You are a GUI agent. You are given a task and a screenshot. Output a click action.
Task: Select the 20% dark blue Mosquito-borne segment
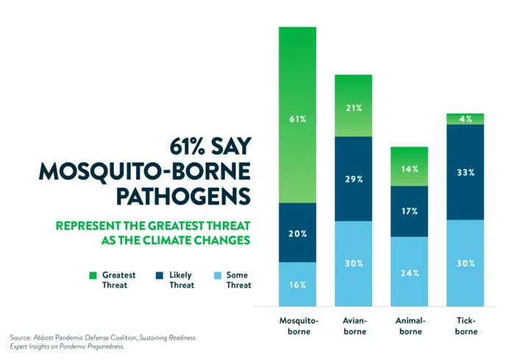pos(297,233)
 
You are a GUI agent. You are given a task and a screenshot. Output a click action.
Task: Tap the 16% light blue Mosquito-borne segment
pos(297,284)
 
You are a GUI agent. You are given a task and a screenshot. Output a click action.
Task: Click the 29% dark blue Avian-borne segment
pos(353,179)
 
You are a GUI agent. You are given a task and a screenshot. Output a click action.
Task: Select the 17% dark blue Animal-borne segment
pos(409,211)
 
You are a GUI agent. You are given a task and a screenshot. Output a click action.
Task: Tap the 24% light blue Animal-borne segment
pos(409,272)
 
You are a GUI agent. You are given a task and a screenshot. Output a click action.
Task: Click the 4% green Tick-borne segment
pos(465,119)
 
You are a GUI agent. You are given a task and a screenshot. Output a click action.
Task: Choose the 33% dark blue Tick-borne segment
pos(465,172)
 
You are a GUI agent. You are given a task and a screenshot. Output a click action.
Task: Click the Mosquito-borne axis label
pos(299,326)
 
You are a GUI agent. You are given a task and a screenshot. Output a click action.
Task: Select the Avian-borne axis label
pos(354,326)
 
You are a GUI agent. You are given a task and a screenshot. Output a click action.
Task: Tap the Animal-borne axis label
pos(410,326)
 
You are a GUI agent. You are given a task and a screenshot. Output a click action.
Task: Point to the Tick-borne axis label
pos(466,326)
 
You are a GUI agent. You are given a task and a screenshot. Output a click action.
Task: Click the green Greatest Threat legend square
pos(93,275)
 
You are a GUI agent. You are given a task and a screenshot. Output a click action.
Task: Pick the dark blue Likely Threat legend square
pos(159,275)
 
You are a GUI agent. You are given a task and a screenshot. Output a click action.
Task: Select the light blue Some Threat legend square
pos(217,275)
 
